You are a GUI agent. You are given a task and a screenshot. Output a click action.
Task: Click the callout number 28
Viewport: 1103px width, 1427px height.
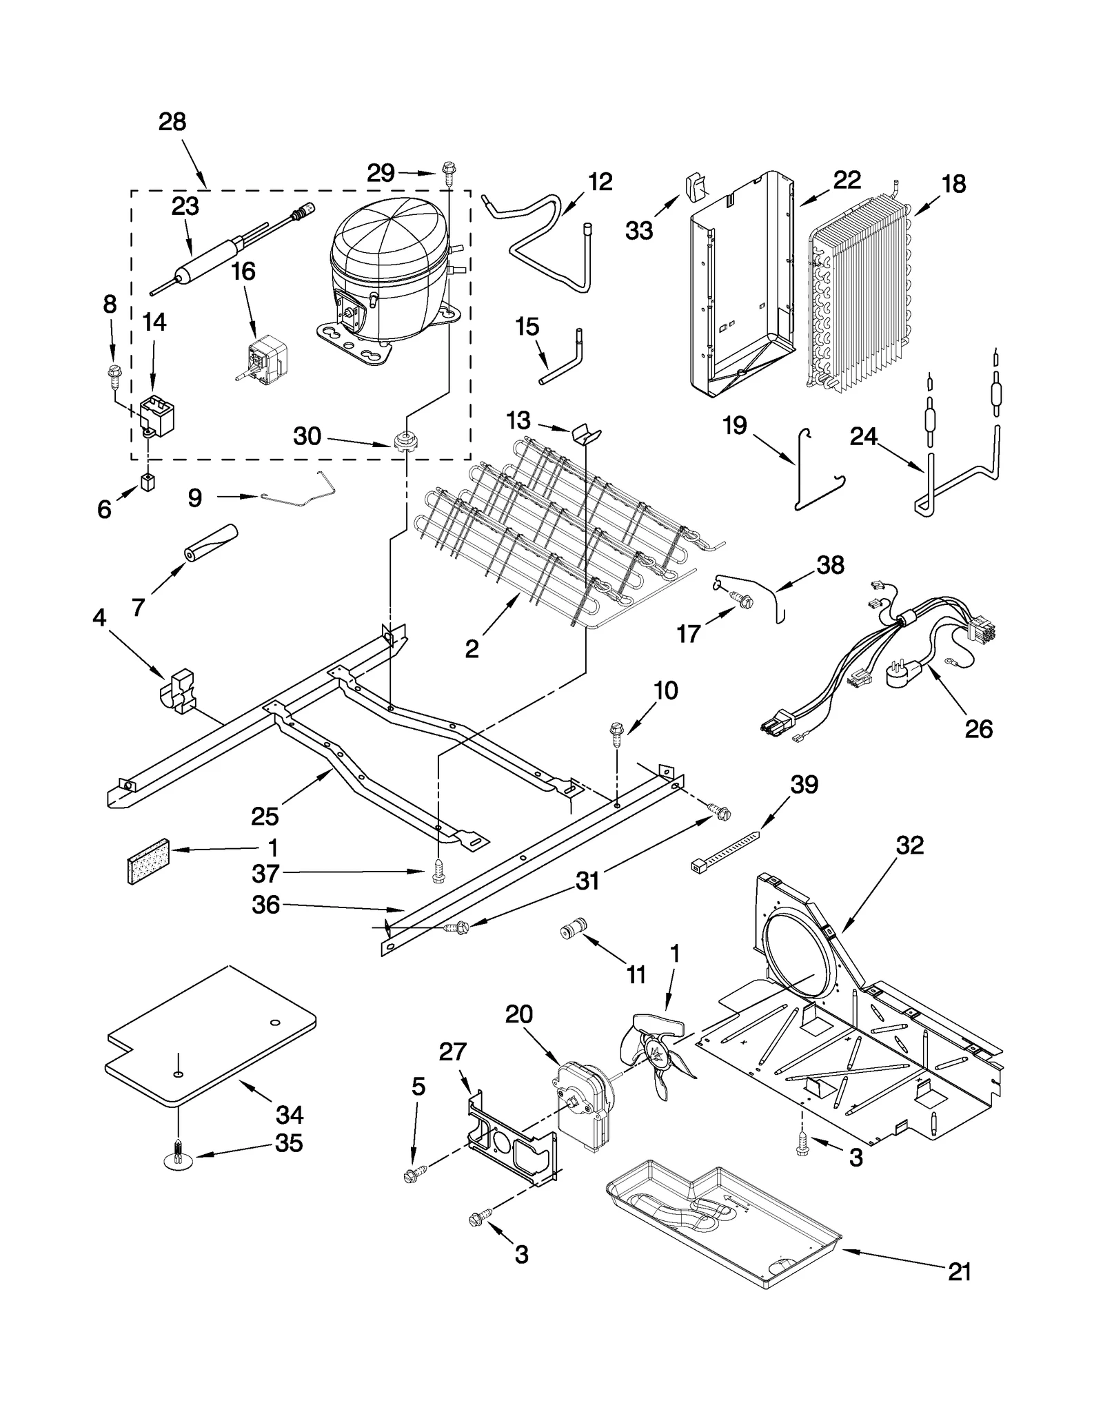pos(172,122)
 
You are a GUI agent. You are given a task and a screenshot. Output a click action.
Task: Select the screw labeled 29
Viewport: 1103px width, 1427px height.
pos(449,170)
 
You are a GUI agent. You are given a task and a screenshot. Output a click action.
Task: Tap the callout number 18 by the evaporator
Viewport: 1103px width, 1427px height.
pos(953,184)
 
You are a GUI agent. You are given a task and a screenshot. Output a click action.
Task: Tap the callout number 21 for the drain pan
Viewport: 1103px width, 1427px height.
pos(959,1271)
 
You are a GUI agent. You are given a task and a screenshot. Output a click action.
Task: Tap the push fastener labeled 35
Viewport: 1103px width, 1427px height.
pos(179,1163)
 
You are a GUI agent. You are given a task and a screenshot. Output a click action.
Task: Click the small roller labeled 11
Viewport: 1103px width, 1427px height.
pos(572,931)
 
